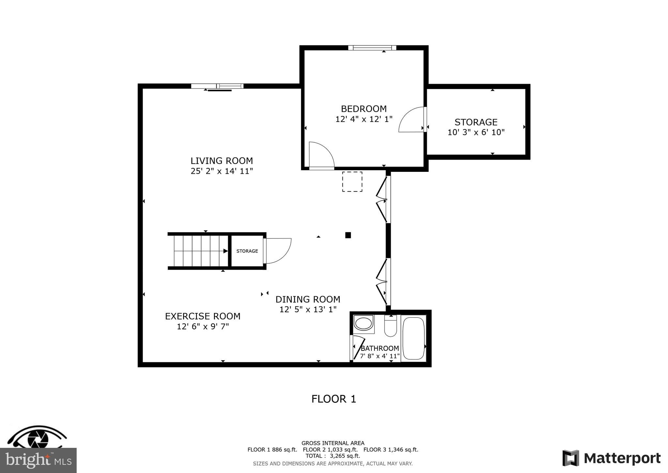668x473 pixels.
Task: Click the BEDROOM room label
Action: pos(364,109)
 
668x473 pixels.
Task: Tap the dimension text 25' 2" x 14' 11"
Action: pos(222,171)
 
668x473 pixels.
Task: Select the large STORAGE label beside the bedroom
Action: pos(476,122)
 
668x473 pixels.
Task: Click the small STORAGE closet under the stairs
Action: pos(247,251)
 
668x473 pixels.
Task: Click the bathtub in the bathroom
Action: pos(414,338)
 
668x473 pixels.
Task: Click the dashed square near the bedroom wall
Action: pos(352,182)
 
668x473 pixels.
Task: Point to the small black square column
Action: pos(348,235)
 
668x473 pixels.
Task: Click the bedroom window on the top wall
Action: pos(372,48)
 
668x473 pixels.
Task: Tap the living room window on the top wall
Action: pos(217,86)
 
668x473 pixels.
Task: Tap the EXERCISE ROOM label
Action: pos(203,316)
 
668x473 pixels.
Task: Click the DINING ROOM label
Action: pos(308,299)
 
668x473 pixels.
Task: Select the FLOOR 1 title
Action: pos(334,399)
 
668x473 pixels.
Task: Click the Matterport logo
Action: pos(612,458)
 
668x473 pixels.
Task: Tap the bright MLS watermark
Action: pos(38,461)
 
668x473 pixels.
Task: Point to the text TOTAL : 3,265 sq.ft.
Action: pos(333,456)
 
